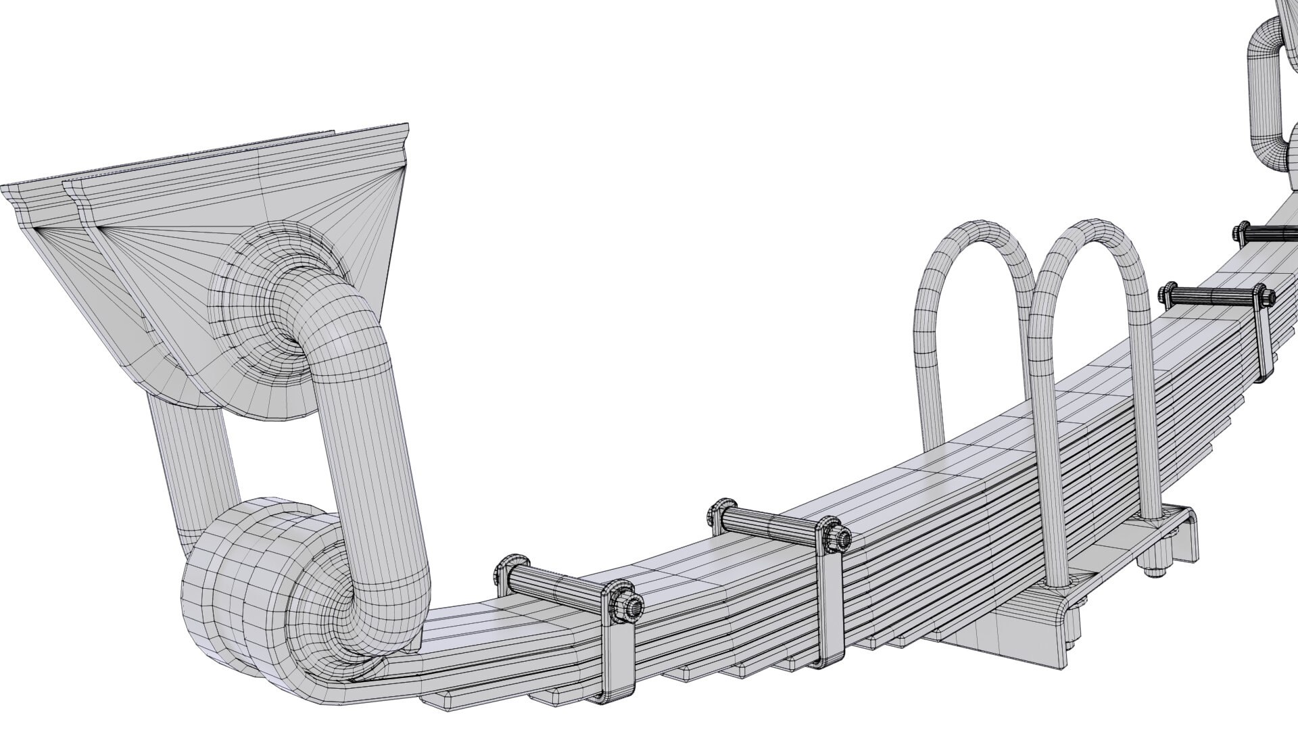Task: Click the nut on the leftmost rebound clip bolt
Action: point(632,606)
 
